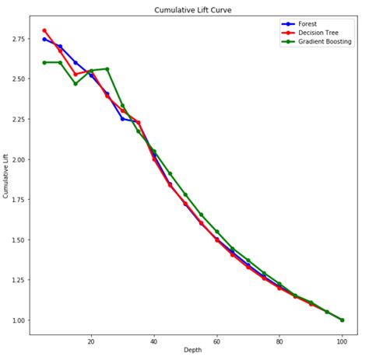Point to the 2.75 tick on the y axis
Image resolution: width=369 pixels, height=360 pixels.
pos(19,39)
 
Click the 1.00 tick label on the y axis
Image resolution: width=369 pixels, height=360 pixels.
pos(19,320)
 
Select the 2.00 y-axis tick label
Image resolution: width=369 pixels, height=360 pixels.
pos(19,159)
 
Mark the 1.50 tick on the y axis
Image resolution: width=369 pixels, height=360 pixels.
pos(19,240)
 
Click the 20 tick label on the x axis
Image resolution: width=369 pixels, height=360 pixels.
pos(91,341)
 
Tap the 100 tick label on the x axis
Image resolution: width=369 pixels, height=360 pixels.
pos(342,341)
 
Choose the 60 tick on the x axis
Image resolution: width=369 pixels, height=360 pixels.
pos(216,341)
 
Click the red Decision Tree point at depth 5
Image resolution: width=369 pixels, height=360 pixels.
pos(44,30)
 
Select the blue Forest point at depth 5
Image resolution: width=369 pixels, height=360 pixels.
pos(44,39)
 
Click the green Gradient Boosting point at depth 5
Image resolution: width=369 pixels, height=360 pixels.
pos(44,62)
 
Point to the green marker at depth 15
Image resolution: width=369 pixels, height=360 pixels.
pos(76,83)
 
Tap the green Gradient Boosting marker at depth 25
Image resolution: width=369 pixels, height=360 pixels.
pos(107,68)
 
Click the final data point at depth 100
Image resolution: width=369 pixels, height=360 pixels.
pos(342,320)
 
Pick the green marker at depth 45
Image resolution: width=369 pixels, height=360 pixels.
pos(170,173)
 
